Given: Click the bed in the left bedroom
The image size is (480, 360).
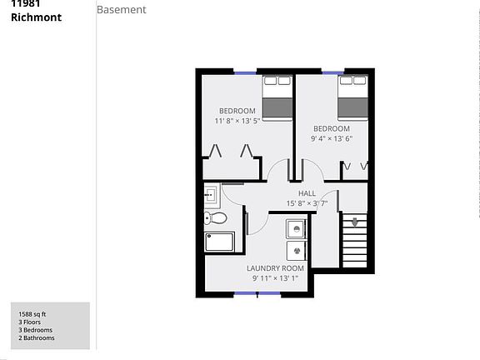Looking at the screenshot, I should (x=277, y=97).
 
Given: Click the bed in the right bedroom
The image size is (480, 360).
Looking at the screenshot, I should (x=353, y=97).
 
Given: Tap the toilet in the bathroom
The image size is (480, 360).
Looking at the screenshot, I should (x=215, y=218).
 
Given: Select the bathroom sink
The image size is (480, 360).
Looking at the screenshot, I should (x=210, y=196).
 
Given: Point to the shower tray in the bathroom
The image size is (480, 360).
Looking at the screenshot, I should (x=222, y=242).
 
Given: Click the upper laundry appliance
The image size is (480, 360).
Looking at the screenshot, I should (x=295, y=228).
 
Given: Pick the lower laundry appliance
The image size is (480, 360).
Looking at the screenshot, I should (x=295, y=251).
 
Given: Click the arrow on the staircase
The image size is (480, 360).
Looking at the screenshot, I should (x=355, y=222).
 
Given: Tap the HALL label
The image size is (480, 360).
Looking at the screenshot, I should (x=307, y=193).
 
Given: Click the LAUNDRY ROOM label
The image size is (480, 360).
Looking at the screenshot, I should (x=275, y=268).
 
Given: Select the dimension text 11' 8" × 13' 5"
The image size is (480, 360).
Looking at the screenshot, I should (x=237, y=121).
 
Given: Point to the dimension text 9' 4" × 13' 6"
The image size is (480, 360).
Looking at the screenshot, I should (x=331, y=138).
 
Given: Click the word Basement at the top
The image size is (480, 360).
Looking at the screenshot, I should (x=122, y=10).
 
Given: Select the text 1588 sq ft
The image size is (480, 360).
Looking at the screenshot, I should (x=33, y=313).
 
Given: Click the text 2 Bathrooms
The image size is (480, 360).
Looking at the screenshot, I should (x=37, y=338).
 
